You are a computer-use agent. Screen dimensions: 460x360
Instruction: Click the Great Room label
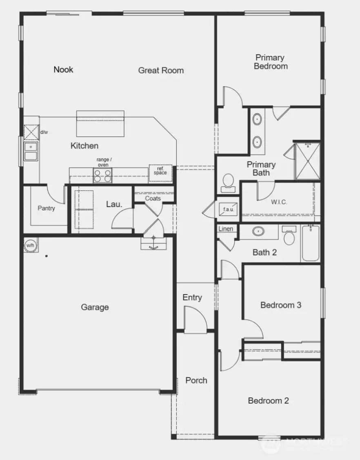[x=161, y=70]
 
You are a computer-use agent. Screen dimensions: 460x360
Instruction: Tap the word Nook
[x=63, y=69]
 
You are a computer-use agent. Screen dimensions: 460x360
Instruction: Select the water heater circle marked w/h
[x=30, y=246]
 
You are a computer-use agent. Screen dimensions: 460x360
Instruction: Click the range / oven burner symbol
[x=102, y=176]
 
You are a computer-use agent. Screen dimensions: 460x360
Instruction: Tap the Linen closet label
[x=226, y=229]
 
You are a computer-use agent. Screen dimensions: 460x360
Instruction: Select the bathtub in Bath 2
[x=311, y=244]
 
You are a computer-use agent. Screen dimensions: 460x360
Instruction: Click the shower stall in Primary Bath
[x=307, y=161]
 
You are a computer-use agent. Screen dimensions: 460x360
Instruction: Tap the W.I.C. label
[x=280, y=202]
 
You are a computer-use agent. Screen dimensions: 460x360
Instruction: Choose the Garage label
[x=95, y=307]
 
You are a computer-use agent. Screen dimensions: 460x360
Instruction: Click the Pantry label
[x=46, y=208]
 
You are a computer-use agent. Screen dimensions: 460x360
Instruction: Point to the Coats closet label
[x=153, y=199]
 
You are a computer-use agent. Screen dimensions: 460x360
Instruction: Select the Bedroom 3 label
[x=281, y=305]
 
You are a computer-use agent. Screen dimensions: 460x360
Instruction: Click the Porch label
[x=196, y=380]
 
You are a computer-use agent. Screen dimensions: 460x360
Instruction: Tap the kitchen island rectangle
[x=100, y=123]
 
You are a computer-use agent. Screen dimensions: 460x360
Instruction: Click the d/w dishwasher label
[x=43, y=132]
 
